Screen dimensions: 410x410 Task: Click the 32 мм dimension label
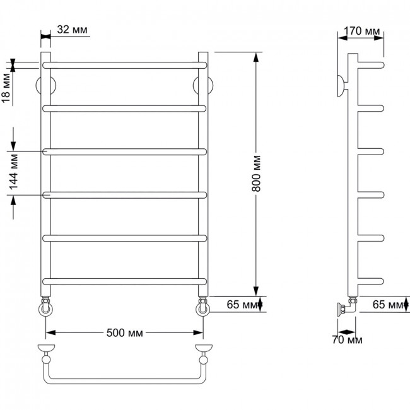(72, 30)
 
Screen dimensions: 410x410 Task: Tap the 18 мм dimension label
(6, 88)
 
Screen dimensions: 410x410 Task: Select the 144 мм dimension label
(14, 172)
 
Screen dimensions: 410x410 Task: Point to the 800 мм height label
(256, 173)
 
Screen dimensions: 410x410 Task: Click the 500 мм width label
(125, 333)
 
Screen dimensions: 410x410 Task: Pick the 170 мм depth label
(361, 31)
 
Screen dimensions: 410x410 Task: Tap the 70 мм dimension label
(348, 339)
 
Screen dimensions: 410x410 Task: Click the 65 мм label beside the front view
(242, 305)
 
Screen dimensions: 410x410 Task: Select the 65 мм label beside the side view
(388, 305)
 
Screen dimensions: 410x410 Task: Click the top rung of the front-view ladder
(125, 65)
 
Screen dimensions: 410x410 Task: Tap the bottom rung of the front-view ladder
(125, 281)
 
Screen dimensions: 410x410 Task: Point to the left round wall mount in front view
(45, 86)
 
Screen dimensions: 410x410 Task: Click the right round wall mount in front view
(203, 86)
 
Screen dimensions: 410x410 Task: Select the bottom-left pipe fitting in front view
(45, 307)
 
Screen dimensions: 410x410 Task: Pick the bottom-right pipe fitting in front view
(203, 307)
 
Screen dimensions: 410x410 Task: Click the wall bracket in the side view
(342, 86)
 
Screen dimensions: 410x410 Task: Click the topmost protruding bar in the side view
(371, 65)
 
